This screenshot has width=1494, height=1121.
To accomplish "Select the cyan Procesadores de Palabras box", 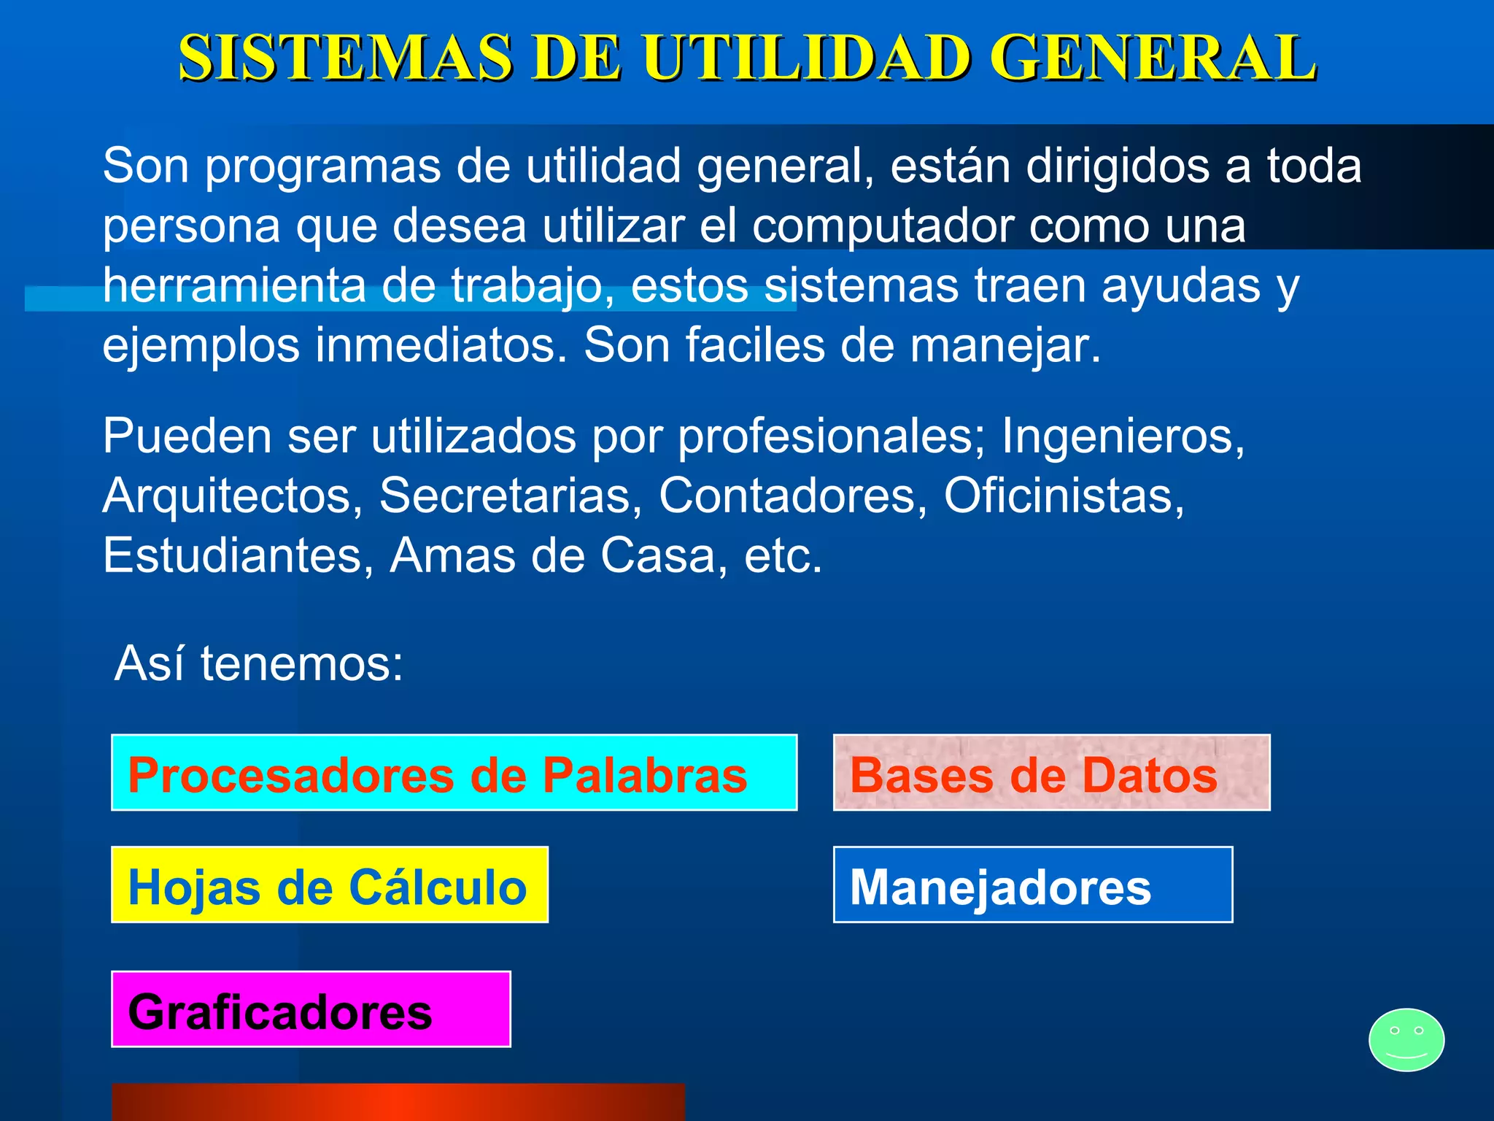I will point(454,772).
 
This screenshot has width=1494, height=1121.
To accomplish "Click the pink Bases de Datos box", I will point(1051,772).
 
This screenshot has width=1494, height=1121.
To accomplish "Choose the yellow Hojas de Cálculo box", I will point(329,885).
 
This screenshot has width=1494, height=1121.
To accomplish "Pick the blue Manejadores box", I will point(1032,885).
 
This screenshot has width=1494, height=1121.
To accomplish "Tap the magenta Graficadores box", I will point(311,1009).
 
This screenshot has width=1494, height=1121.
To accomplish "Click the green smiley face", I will point(1406,1039).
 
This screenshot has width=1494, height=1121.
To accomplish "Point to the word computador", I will point(882,226).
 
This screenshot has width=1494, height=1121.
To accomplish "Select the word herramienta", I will point(234,286).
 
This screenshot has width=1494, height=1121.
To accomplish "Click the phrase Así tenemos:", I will point(259,664).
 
